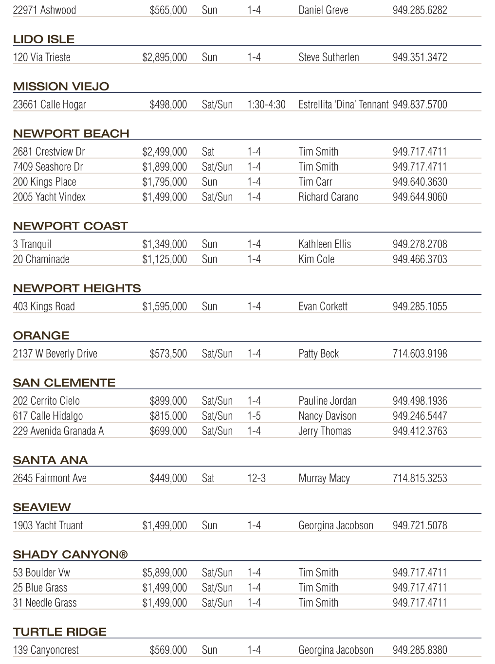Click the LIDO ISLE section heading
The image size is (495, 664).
(x=44, y=39)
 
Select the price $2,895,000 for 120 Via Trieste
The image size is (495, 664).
(x=165, y=57)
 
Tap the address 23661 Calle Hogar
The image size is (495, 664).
(x=49, y=105)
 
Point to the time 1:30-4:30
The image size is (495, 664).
(x=266, y=105)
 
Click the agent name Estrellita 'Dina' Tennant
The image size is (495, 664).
(x=343, y=105)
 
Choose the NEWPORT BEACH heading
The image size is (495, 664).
(x=71, y=134)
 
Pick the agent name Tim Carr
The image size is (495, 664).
(x=315, y=182)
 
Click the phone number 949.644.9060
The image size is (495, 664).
(x=420, y=197)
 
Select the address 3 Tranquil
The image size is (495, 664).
(x=32, y=244)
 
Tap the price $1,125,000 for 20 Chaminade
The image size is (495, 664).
(x=165, y=259)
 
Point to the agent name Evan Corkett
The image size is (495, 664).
(x=323, y=306)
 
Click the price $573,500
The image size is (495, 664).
(x=168, y=354)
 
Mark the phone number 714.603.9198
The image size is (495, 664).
(x=420, y=354)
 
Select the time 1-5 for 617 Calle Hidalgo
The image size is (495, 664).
(x=254, y=416)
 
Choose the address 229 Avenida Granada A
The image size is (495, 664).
(x=58, y=431)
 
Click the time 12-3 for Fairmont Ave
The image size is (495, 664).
(x=257, y=478)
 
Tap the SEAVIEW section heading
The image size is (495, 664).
(x=42, y=507)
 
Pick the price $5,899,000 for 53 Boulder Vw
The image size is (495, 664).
(x=165, y=573)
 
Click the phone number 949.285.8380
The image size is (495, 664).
(x=420, y=650)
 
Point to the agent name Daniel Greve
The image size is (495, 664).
(x=323, y=10)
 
